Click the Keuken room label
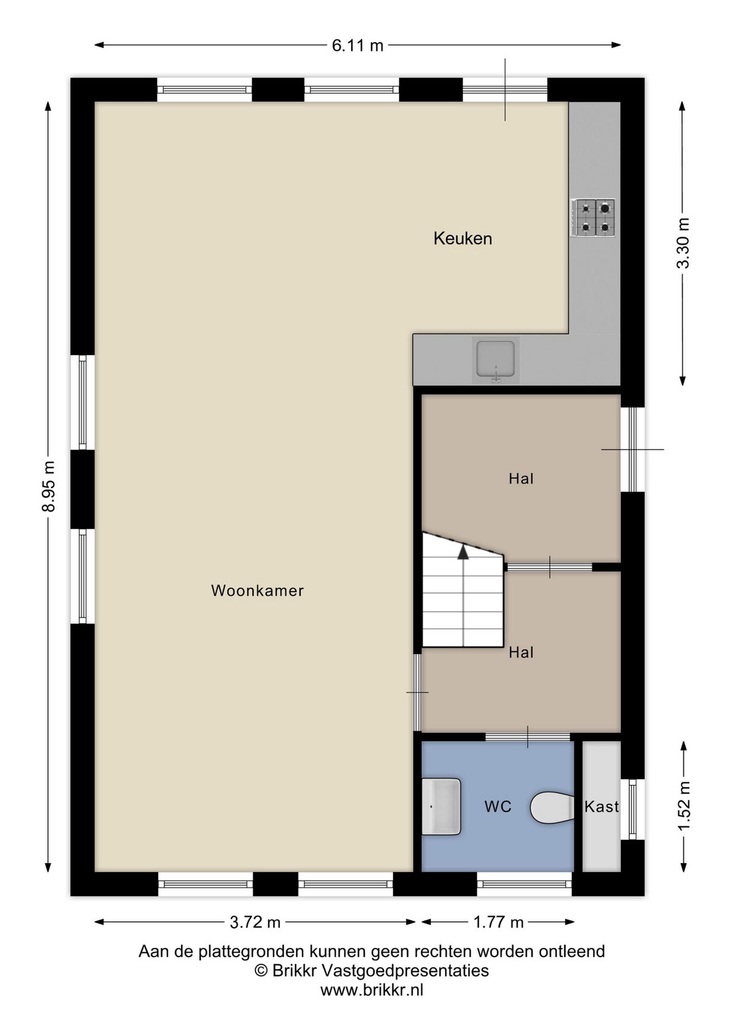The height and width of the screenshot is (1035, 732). click(462, 238)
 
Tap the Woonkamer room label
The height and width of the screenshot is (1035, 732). click(257, 590)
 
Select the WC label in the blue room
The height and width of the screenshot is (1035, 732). click(497, 806)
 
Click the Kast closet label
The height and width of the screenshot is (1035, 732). click(601, 806)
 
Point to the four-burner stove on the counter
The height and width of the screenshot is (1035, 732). click(594, 217)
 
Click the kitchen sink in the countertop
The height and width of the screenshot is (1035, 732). click(495, 360)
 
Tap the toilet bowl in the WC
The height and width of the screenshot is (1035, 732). click(551, 808)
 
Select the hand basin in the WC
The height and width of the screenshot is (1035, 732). click(441, 806)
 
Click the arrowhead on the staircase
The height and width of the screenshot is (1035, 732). click(463, 552)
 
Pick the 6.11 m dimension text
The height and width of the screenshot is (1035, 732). click(357, 45)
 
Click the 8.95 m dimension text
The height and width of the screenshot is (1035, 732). click(49, 486)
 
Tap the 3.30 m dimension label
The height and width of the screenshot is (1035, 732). click(684, 243)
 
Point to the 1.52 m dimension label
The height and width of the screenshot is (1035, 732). click(684, 805)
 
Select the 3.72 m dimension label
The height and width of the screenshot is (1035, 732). click(255, 922)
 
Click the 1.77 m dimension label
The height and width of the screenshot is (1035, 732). click(498, 922)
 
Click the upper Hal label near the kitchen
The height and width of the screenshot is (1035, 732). click(521, 479)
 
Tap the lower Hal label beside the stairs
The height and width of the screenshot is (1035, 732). click(521, 653)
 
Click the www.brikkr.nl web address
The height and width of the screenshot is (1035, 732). click(371, 990)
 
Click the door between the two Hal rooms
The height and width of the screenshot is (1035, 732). click(549, 567)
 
